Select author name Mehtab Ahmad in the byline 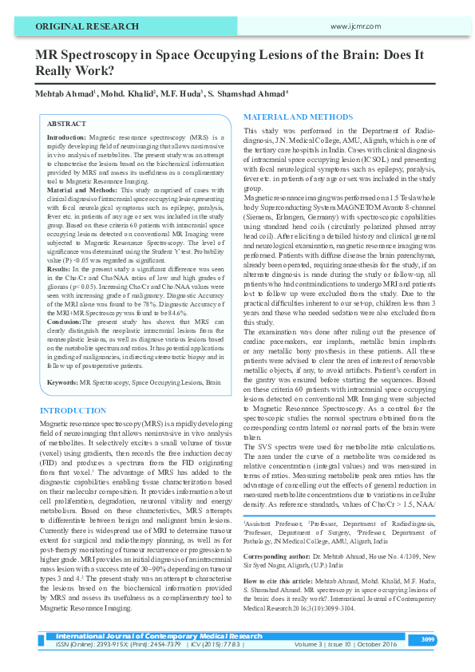coord(64,95)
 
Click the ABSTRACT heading coord(66,125)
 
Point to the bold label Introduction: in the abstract coord(66,138)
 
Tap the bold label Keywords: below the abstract coord(62,383)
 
